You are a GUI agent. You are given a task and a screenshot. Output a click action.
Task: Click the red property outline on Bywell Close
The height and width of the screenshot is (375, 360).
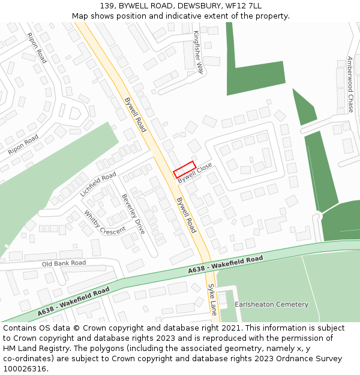pyautogui.click(x=185, y=170)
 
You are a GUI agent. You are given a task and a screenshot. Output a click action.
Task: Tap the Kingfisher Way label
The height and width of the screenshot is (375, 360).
pyautogui.click(x=199, y=53)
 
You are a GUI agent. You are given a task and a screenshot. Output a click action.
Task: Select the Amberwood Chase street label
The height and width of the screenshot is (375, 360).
pyautogui.click(x=350, y=85)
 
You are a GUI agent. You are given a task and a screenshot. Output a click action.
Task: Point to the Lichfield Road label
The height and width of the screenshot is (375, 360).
pyautogui.click(x=98, y=185)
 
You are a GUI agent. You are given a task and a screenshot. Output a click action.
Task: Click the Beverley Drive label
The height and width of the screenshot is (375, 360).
pyautogui.click(x=133, y=214)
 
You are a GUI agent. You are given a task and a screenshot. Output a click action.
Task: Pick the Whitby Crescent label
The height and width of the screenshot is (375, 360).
pyautogui.click(x=105, y=223)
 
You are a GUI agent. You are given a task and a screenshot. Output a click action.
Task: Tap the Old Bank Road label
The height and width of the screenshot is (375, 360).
pyautogui.click(x=64, y=263)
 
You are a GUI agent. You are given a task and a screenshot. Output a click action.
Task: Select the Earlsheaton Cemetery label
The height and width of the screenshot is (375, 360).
pyautogui.click(x=271, y=304)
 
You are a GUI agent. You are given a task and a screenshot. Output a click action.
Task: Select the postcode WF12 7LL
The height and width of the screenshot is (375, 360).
pyautogui.click(x=245, y=6)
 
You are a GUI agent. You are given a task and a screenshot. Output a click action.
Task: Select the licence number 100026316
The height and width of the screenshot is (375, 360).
pyautogui.click(x=25, y=369)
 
